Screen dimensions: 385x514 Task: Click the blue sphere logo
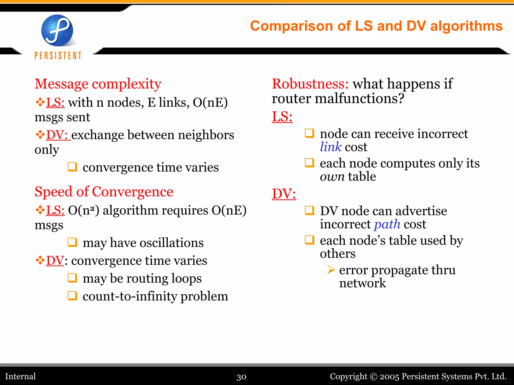click(57, 30)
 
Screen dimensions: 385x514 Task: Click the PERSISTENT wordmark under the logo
click(58, 55)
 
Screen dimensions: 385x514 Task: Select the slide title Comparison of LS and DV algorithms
click(376, 26)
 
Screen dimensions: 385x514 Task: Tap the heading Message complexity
click(98, 84)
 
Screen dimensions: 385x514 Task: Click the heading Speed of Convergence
click(104, 192)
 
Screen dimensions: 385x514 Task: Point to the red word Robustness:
click(310, 84)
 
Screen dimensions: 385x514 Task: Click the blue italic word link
click(331, 147)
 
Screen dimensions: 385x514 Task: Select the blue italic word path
click(387, 224)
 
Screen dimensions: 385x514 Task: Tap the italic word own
click(332, 176)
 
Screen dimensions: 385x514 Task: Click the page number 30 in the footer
click(241, 377)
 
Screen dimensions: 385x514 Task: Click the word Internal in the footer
click(21, 376)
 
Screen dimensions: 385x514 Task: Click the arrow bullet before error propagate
click(331, 270)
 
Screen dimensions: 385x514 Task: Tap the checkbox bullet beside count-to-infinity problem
click(72, 296)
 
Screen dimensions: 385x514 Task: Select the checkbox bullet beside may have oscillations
click(72, 242)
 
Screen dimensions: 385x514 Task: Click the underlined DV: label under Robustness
click(284, 194)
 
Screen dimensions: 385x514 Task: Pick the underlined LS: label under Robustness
click(282, 117)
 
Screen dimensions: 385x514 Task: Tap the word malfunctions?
click(360, 98)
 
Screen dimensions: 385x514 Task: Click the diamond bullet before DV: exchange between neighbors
click(40, 135)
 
